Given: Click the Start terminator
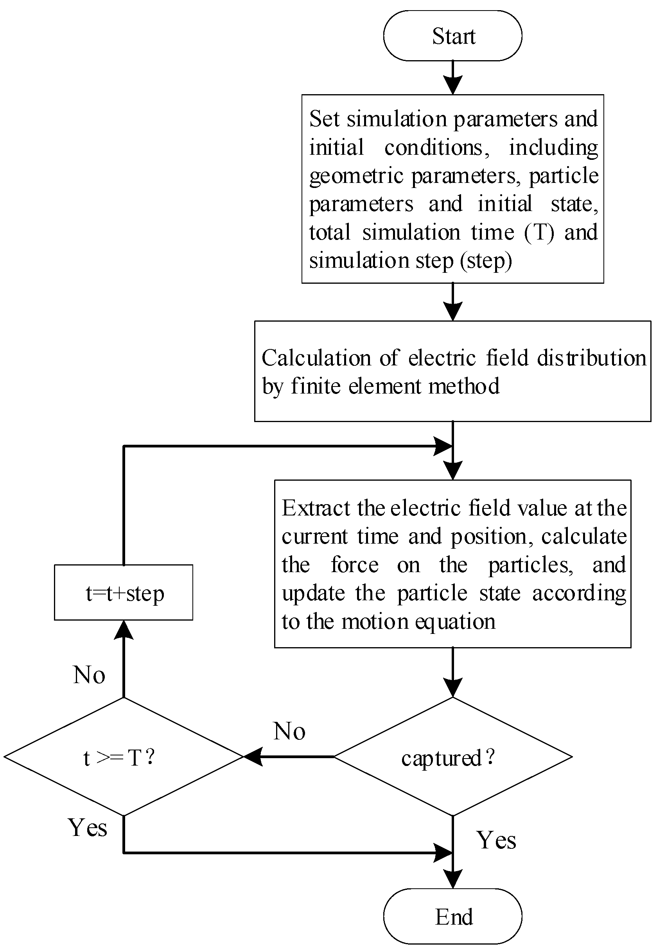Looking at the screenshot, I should tap(452, 36).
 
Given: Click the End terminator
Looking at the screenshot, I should tap(452, 916).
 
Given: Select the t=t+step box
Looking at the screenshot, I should tap(124, 593).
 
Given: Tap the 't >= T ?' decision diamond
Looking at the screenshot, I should tap(124, 757).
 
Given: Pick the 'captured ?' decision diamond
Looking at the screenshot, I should tap(452, 757).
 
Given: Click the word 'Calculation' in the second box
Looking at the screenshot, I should tap(316, 358).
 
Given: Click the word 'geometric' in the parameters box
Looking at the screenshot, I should tap(356, 176).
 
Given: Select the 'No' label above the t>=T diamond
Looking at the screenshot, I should tap(89, 675).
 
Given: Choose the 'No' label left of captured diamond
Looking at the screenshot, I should tap(289, 732).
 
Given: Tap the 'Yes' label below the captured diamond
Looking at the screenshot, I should tap(496, 840).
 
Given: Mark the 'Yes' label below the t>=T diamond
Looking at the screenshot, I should tap(88, 827).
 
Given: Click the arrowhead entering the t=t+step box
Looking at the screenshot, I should tap(124, 630).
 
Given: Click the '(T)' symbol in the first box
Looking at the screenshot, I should tap(539, 233).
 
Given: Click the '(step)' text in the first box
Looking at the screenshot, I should tap(486, 261).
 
